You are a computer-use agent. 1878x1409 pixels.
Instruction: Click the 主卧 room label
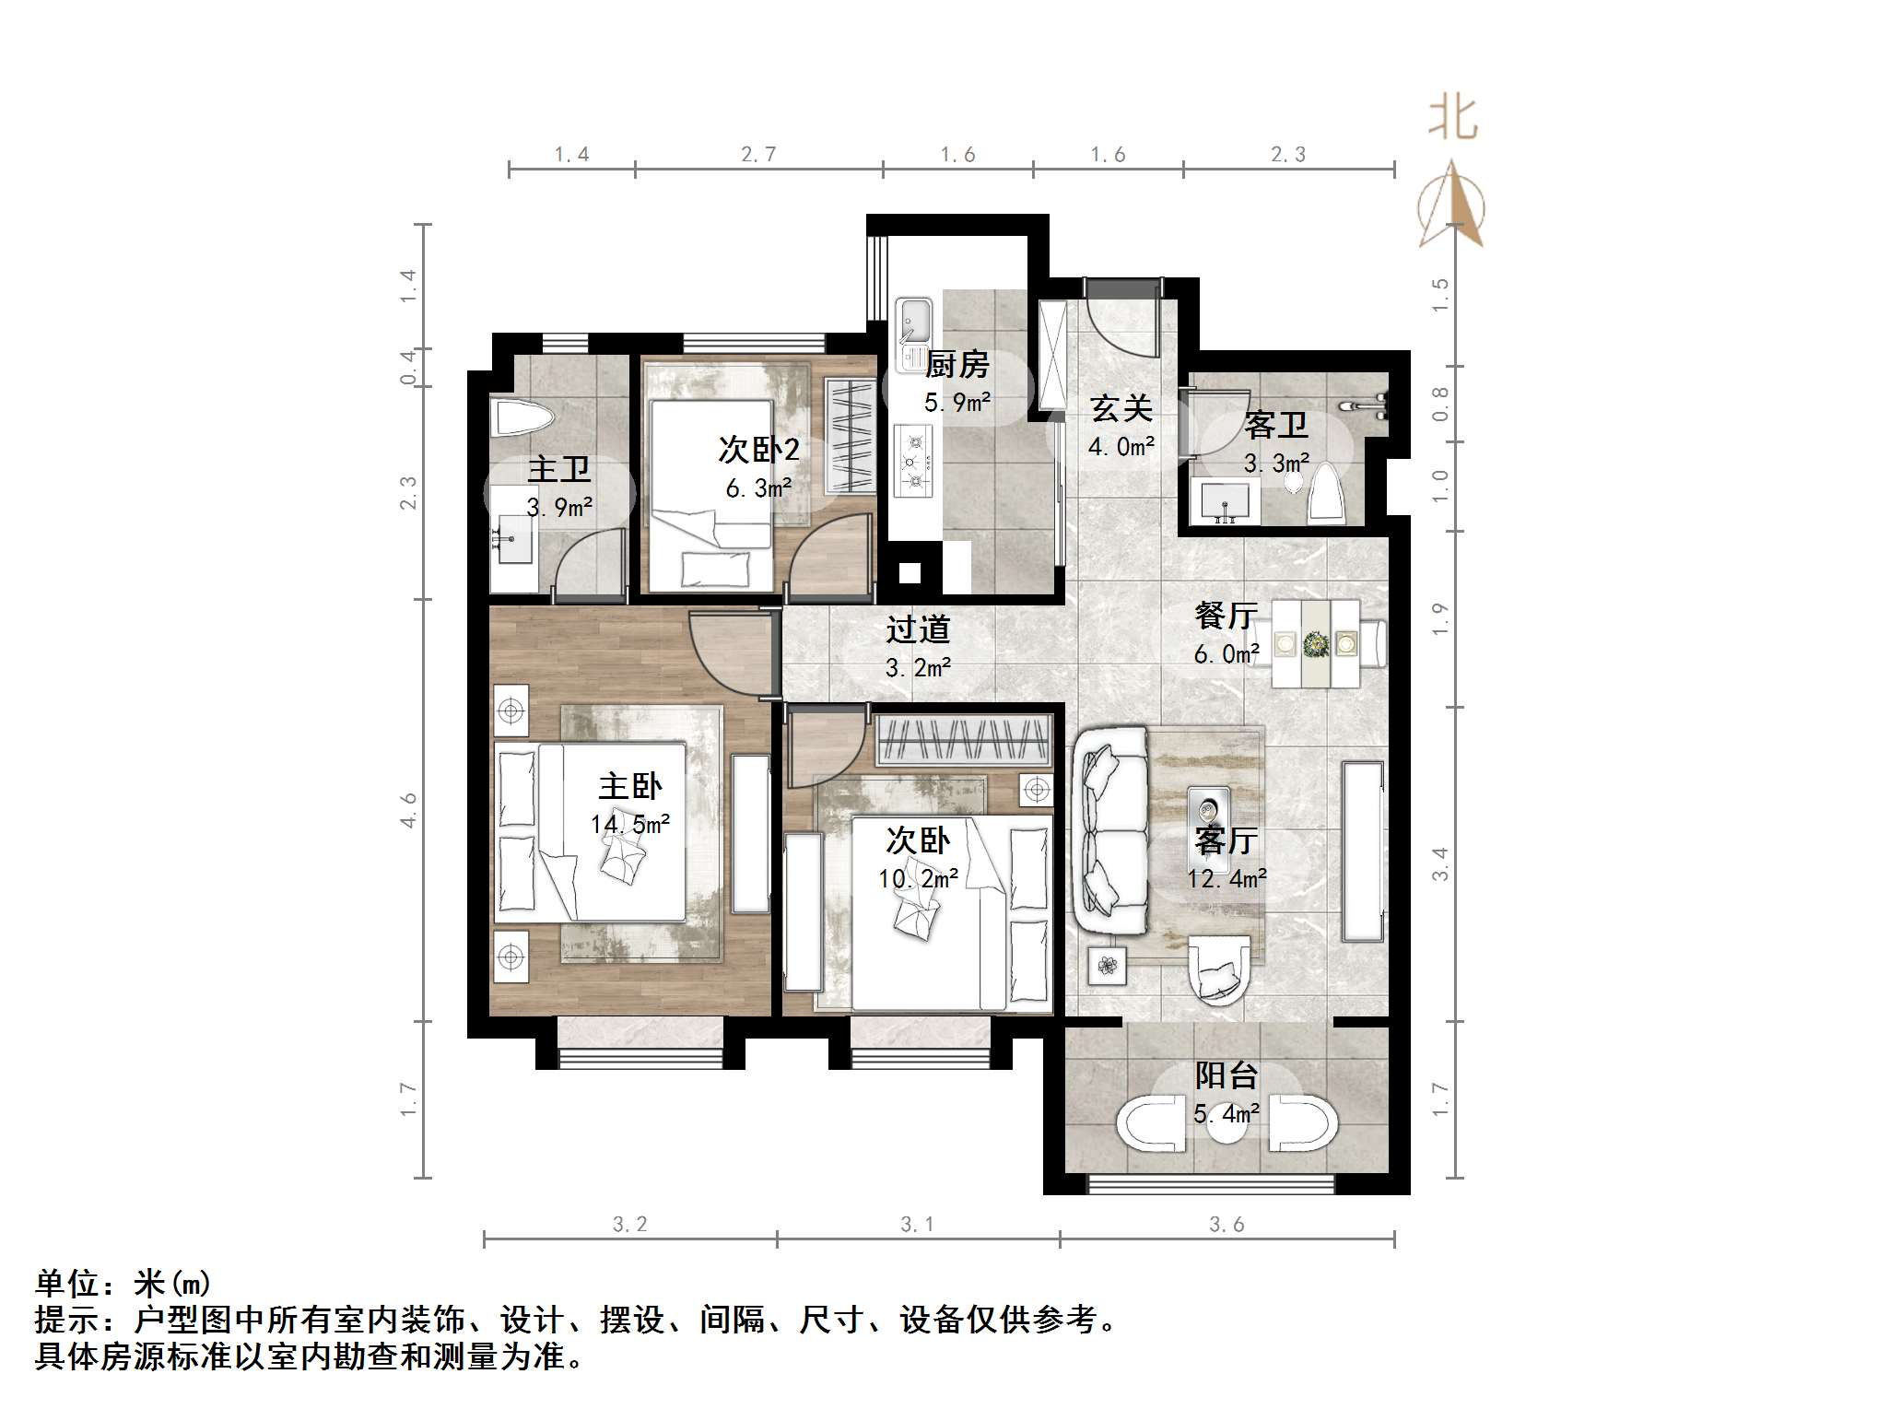630,786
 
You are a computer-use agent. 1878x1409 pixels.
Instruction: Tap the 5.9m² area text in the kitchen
957,403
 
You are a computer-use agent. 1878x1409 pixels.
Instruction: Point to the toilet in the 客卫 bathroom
1325,493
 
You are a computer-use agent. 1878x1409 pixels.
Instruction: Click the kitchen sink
914,322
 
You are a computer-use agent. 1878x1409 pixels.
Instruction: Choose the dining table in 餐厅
1315,642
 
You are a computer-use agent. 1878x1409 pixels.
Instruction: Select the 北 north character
1453,119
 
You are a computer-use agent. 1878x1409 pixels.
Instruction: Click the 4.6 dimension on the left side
408,809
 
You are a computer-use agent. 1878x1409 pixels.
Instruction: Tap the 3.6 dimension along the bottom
1227,1224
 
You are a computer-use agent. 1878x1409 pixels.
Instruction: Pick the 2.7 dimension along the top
758,155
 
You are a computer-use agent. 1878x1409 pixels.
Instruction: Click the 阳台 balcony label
1226,1074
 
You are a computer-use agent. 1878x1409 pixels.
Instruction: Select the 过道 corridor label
918,629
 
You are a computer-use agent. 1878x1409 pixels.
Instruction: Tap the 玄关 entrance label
1121,408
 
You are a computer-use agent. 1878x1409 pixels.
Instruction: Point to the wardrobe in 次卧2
850,434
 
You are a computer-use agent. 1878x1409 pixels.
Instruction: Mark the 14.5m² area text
630,824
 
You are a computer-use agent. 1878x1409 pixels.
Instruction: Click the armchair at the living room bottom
1218,969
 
